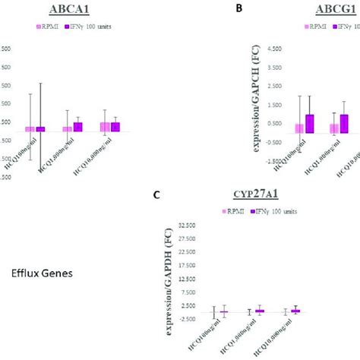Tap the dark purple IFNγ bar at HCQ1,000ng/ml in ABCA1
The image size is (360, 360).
(x=77, y=127)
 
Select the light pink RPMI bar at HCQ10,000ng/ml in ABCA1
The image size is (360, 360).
(x=105, y=127)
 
